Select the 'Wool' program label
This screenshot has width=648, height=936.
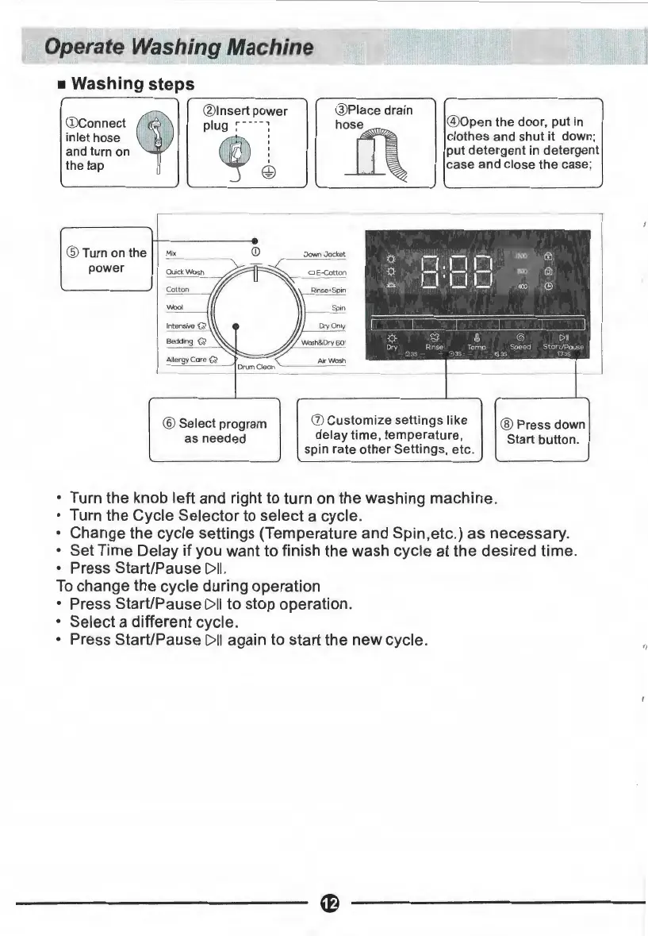tap(175, 307)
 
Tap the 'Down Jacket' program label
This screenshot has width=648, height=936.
tap(324, 254)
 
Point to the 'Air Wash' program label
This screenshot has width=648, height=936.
tap(328, 360)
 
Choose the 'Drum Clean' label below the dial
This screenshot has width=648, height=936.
tap(255, 366)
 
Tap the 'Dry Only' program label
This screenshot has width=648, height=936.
tap(330, 325)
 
